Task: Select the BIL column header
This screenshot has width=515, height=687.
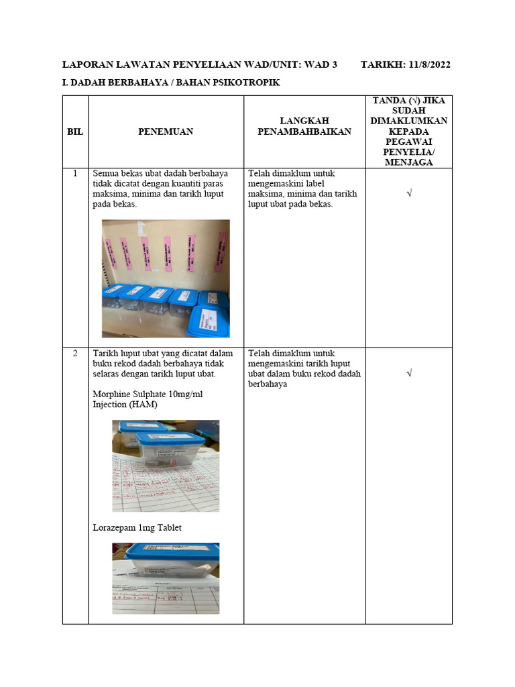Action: click(75, 131)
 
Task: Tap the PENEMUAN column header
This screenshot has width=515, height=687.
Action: click(166, 131)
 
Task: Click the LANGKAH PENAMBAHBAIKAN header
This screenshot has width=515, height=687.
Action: click(304, 126)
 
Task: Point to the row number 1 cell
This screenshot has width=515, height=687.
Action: click(75, 173)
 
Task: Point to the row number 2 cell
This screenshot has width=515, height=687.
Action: click(75, 353)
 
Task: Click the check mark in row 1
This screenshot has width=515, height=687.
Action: click(408, 193)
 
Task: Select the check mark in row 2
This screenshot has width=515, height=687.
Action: click(408, 373)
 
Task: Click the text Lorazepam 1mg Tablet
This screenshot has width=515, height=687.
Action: click(137, 527)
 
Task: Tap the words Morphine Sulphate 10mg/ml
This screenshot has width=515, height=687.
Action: click(148, 394)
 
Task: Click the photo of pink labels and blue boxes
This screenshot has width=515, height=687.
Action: click(166, 278)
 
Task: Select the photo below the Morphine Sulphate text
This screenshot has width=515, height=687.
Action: click(166, 466)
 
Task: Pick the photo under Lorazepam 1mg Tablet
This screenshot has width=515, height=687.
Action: click(166, 578)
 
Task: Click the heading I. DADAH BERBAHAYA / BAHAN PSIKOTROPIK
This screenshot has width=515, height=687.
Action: click(170, 83)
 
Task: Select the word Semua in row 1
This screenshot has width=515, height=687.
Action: click(107, 173)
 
